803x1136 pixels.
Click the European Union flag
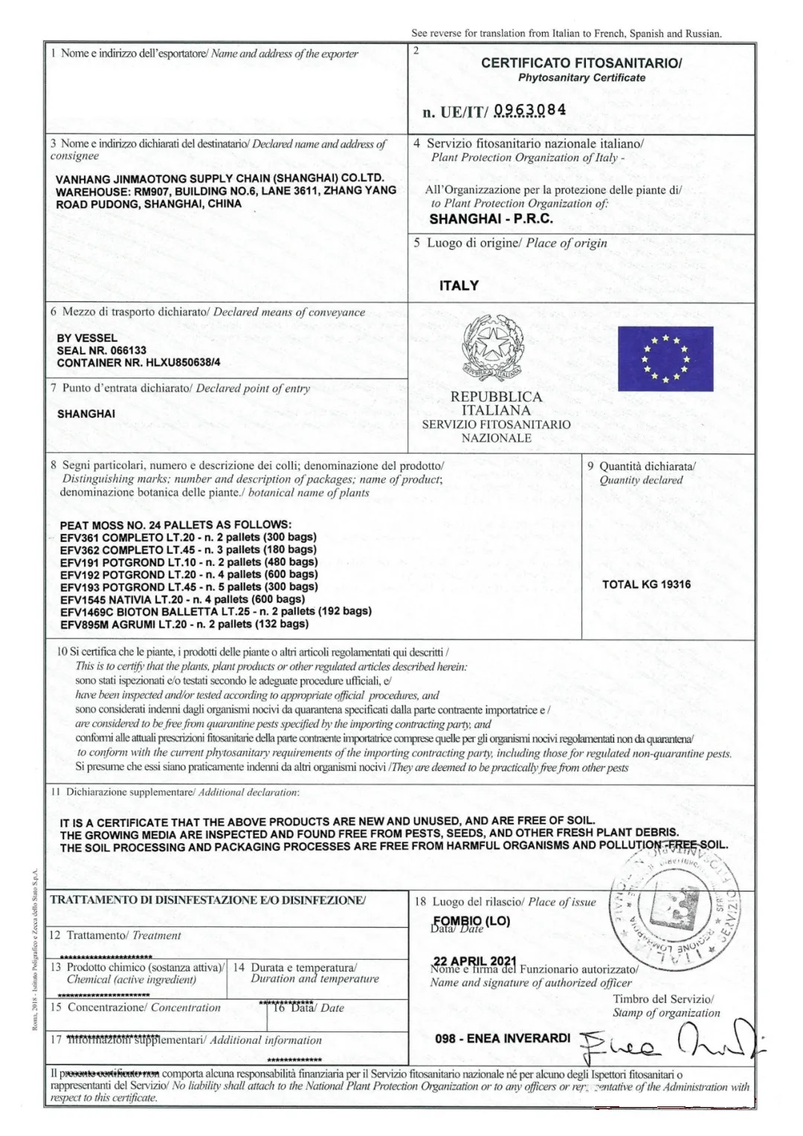pos(665,358)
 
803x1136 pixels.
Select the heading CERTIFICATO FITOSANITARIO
pos(581,63)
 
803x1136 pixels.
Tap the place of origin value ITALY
pos(459,285)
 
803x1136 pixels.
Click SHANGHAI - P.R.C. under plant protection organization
pos(491,219)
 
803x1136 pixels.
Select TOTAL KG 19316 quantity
pos(645,584)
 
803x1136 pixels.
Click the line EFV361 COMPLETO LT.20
pos(187,537)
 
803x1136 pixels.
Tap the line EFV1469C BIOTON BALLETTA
pos(216,611)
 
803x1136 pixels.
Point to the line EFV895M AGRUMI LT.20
pos(184,624)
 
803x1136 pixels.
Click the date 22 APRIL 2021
pos(474,962)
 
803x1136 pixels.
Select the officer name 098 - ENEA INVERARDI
pos(503,1038)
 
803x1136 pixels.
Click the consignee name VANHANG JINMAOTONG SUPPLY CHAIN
pos(219,178)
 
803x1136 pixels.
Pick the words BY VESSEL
pos(87,338)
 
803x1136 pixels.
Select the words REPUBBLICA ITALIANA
pos(496,403)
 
